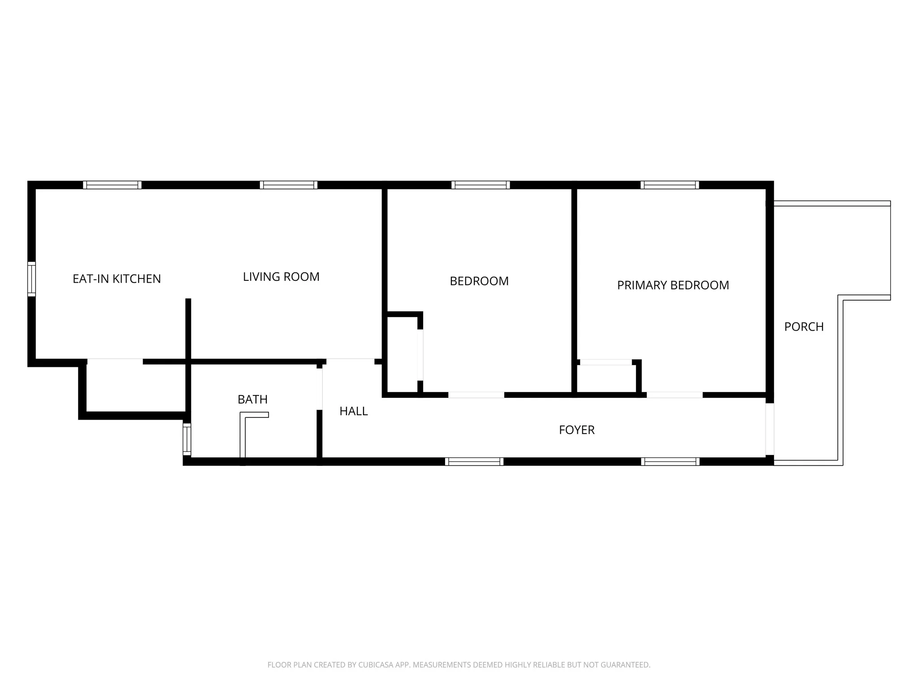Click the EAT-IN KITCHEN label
point(117,279)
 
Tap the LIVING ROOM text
point(281,277)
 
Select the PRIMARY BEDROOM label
point(673,285)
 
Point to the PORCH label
point(804,327)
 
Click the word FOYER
point(576,430)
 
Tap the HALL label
point(354,411)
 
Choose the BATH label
point(252,400)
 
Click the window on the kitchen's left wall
point(31,279)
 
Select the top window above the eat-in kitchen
point(112,185)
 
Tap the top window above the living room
point(289,185)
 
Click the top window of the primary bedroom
point(670,185)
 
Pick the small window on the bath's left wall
point(187,439)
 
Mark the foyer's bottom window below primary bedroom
point(670,462)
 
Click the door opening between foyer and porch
point(770,429)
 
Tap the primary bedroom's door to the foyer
point(674,395)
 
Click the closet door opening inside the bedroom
point(420,355)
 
